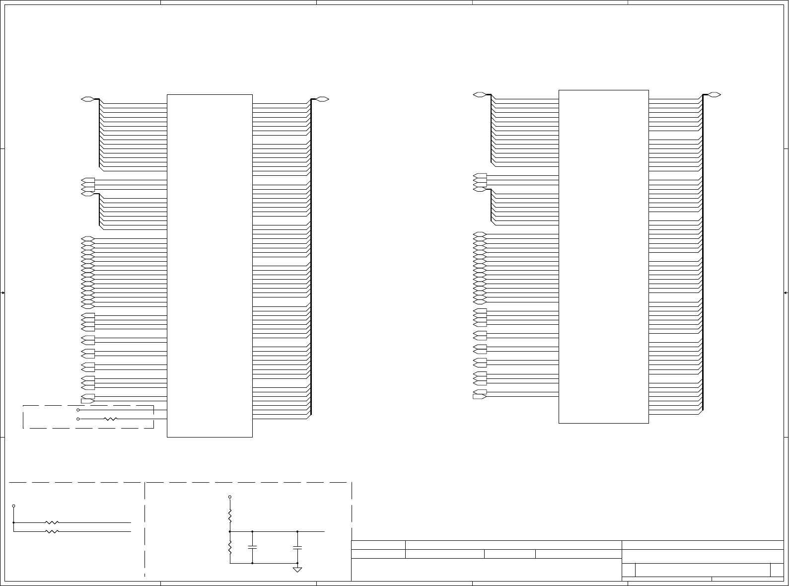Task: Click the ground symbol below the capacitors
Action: tap(297, 569)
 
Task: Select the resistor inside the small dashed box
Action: tap(111, 419)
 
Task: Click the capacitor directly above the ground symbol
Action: tap(297, 547)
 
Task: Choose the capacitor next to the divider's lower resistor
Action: tap(252, 547)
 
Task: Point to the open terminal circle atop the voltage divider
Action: tap(230, 497)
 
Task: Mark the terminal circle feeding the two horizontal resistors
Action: tap(13, 506)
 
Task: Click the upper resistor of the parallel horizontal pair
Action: tap(52, 522)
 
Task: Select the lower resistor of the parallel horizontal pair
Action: tap(52, 531)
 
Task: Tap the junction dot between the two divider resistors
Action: tap(230, 531)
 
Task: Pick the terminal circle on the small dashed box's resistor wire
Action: tap(78, 419)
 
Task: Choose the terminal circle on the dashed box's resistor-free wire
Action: tap(78, 410)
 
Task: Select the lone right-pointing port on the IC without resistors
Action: tap(480, 396)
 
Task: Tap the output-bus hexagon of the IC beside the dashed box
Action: tap(323, 99)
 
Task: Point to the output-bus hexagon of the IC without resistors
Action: tap(714, 94)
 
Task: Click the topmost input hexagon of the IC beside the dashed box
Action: tap(87, 99)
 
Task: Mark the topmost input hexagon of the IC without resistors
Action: tap(480, 94)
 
